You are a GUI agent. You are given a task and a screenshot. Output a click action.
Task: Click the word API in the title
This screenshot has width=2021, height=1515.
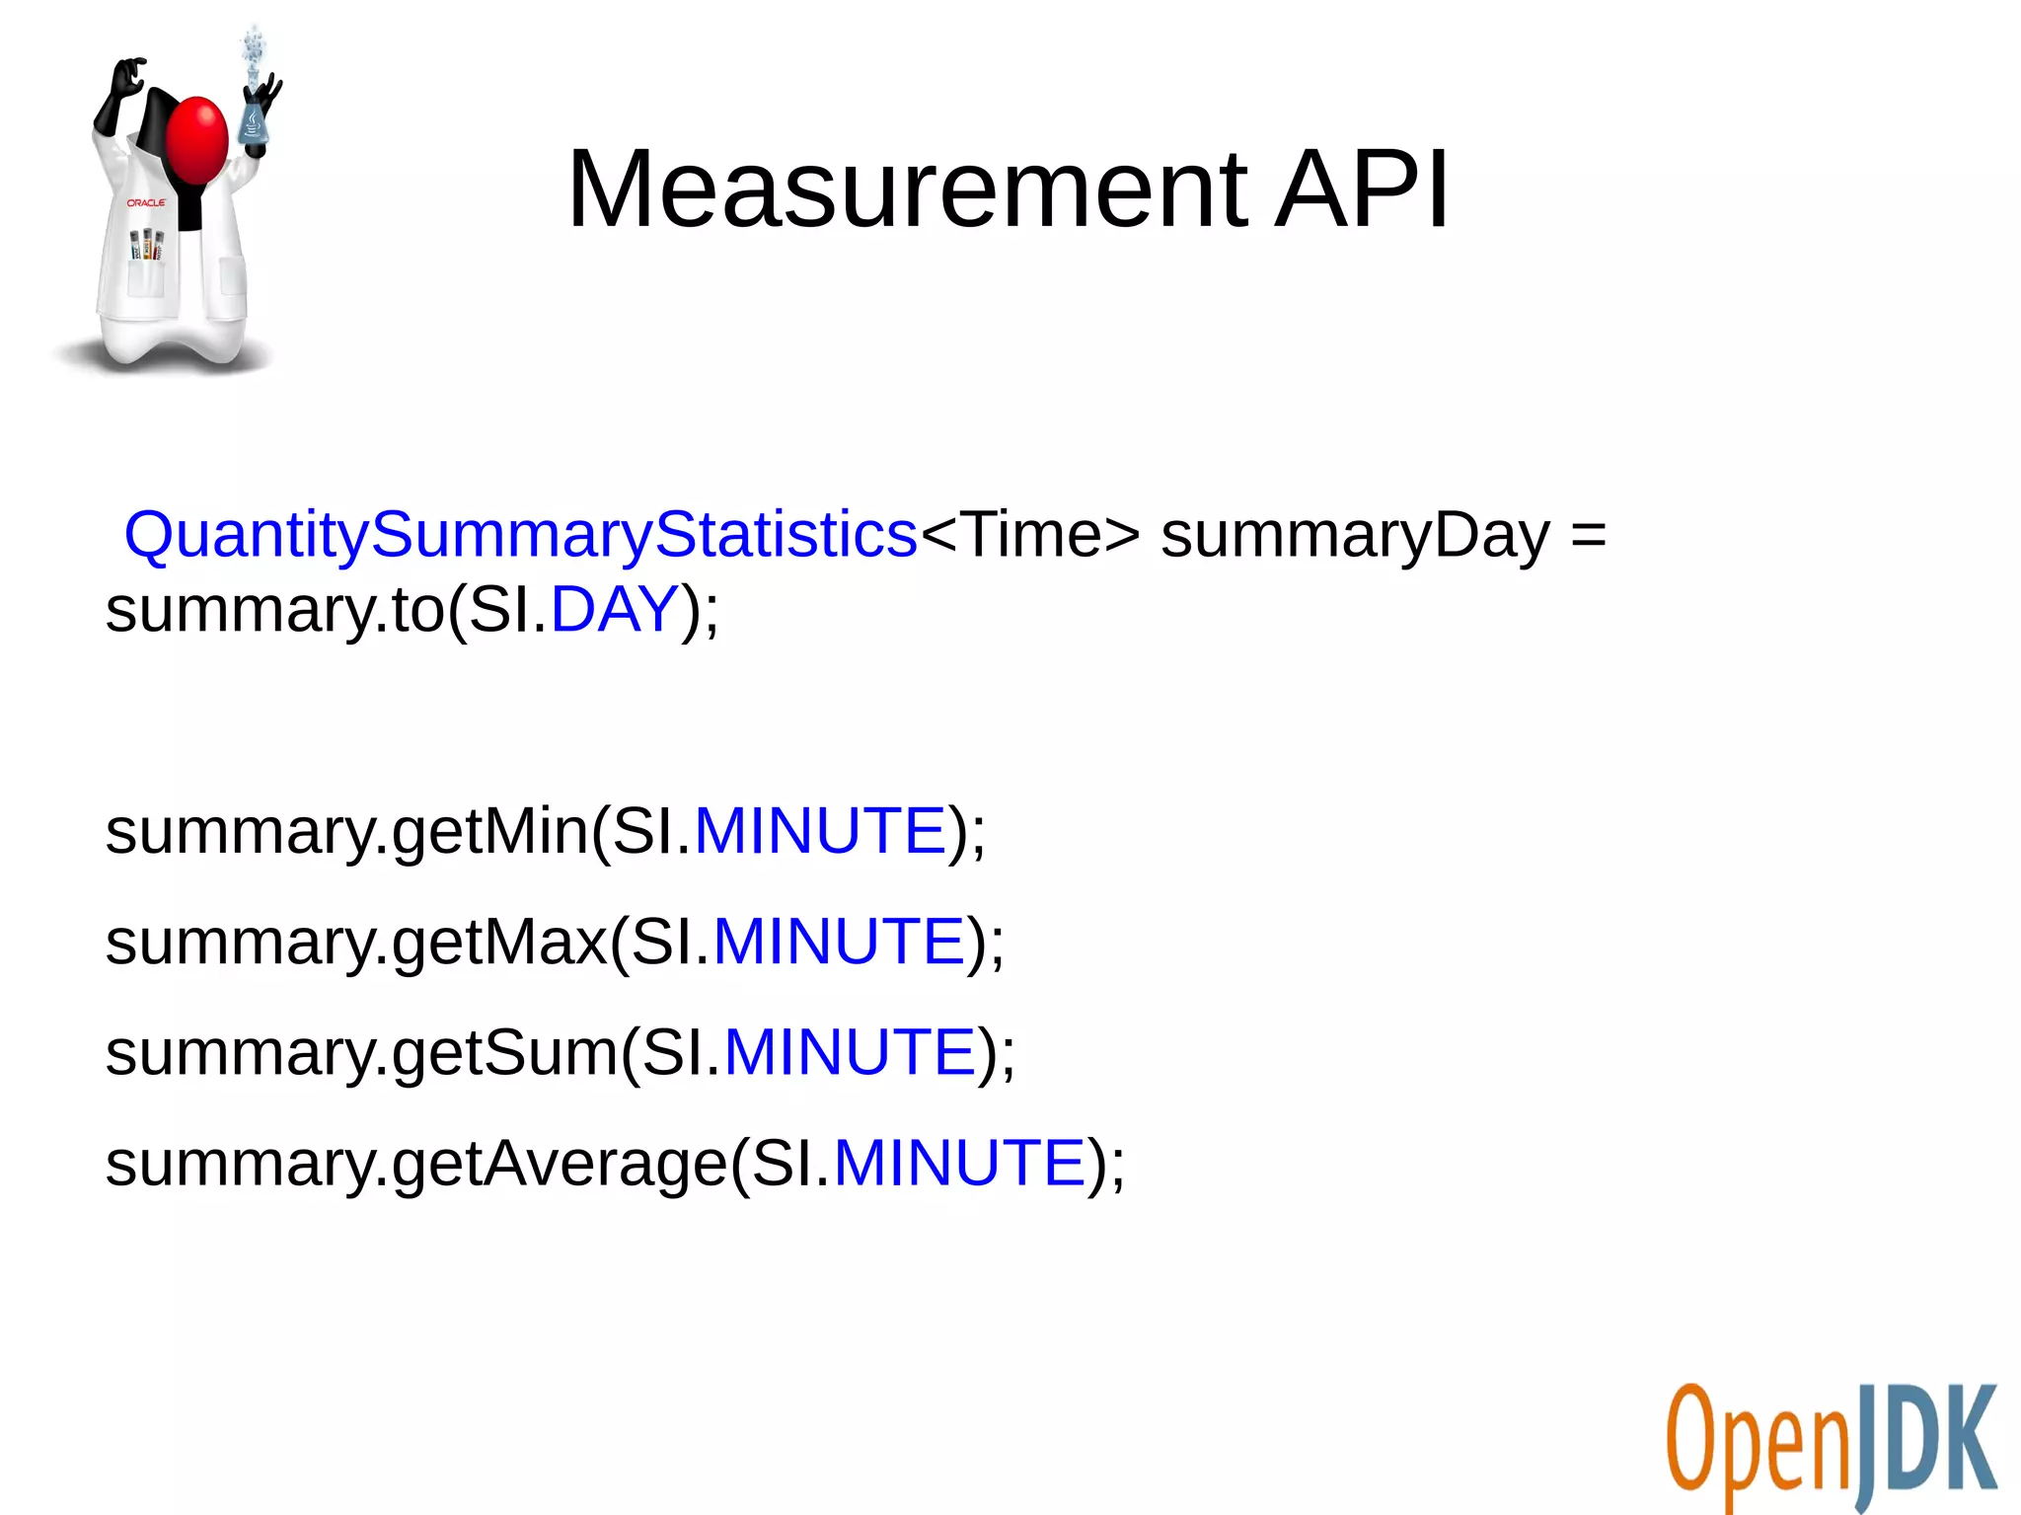click(x=1362, y=189)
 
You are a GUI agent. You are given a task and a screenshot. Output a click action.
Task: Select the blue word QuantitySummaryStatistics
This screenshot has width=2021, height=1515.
click(x=520, y=535)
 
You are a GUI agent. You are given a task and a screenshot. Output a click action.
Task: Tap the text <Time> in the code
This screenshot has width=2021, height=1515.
click(x=1029, y=535)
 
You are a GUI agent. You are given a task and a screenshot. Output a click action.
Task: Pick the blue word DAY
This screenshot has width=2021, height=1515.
click(x=614, y=609)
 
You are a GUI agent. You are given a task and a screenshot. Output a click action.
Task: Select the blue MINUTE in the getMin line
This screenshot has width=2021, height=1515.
click(x=820, y=830)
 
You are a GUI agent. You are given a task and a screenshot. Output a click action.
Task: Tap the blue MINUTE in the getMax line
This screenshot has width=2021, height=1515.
click(x=839, y=941)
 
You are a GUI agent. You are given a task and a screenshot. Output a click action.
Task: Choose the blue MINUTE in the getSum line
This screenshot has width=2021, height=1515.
click(x=850, y=1051)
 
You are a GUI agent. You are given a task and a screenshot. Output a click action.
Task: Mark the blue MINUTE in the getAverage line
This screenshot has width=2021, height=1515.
click(x=959, y=1162)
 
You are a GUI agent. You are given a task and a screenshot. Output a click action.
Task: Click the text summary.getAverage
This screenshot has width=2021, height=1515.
click(x=415, y=1164)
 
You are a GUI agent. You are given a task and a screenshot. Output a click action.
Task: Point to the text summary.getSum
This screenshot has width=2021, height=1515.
click(x=361, y=1053)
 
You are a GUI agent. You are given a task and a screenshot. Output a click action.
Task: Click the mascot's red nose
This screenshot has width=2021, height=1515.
click(x=197, y=138)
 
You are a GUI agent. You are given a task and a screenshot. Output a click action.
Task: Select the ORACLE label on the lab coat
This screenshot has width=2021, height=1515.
click(x=146, y=202)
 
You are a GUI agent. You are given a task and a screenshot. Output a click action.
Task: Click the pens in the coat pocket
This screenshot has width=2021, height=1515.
click(x=147, y=244)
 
